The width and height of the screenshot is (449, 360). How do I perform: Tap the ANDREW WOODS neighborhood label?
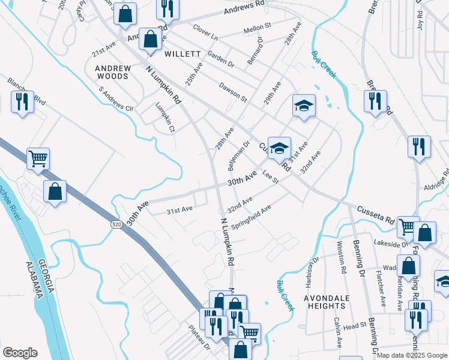pyautogui.click(x=112, y=72)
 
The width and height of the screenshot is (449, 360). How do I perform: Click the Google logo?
pyautogui.click(x=20, y=353)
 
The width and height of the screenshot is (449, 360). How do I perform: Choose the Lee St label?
pyautogui.click(x=271, y=177)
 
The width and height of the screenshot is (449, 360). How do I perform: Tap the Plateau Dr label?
pyautogui.click(x=197, y=335)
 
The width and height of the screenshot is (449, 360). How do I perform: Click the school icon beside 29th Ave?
pyautogui.click(x=304, y=107)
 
